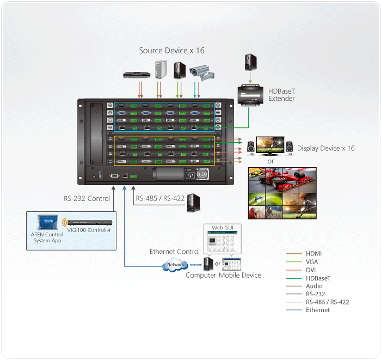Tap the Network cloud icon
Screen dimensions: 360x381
(175, 265)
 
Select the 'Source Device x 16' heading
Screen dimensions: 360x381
(171, 51)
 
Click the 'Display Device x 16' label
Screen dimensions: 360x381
(325, 148)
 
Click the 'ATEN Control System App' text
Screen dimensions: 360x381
(47, 237)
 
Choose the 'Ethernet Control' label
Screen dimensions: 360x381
(175, 252)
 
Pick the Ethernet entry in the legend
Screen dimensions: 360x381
(318, 310)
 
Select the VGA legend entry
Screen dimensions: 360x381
(312, 262)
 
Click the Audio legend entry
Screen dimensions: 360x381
(315, 286)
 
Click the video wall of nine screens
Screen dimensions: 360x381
(282, 194)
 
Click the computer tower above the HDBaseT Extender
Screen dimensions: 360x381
(250, 62)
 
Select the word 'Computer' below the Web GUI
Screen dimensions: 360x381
(202, 275)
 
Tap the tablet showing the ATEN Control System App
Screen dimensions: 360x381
(47, 222)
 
